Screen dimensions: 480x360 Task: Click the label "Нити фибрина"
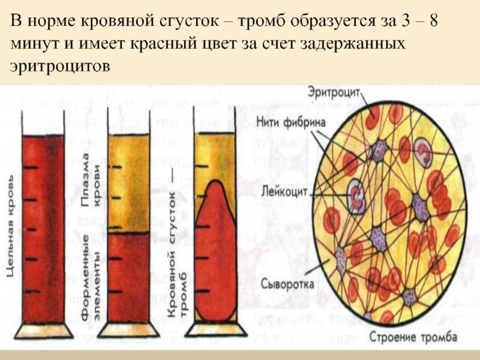(291, 122)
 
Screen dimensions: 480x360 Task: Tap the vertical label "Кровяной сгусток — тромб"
(176, 252)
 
